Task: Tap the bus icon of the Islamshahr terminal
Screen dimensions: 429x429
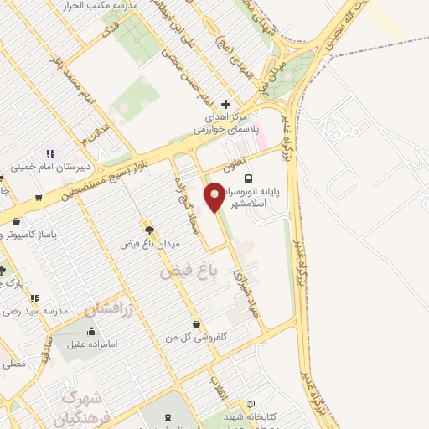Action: (x=248, y=178)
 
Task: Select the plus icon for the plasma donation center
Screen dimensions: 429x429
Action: (x=225, y=103)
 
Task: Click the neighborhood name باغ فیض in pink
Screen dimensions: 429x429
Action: (x=188, y=271)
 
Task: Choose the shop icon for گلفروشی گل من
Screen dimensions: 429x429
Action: (x=196, y=324)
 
